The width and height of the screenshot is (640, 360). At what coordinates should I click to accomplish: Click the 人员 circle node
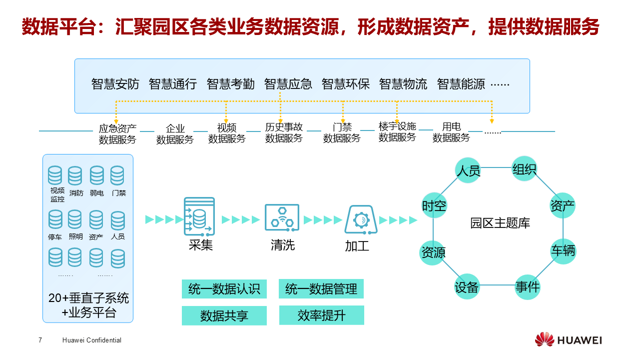click(x=468, y=170)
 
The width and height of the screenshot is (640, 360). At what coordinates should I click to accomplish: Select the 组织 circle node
click(x=525, y=169)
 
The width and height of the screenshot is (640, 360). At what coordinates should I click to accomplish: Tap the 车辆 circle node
click(x=563, y=250)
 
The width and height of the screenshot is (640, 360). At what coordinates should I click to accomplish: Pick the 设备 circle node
click(x=467, y=286)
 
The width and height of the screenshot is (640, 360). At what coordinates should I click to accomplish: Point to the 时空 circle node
click(x=434, y=205)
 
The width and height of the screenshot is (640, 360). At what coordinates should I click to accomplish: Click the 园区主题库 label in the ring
click(x=500, y=223)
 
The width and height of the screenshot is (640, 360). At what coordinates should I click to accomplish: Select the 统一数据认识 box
click(x=224, y=289)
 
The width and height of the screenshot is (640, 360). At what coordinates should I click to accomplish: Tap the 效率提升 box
click(x=321, y=315)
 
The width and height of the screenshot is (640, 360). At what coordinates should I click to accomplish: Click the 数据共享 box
click(x=224, y=315)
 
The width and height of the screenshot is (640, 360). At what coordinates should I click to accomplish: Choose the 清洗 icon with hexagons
click(x=282, y=217)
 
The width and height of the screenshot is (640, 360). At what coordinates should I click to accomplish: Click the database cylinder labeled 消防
click(x=75, y=176)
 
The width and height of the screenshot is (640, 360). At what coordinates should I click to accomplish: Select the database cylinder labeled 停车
click(x=55, y=219)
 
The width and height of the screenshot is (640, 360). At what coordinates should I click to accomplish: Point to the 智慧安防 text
click(x=115, y=84)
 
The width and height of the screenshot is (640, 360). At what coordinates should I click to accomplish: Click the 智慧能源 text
click(x=461, y=84)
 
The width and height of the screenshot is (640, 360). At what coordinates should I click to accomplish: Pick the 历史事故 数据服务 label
click(x=284, y=133)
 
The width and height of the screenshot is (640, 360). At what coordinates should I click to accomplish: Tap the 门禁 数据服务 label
click(x=342, y=133)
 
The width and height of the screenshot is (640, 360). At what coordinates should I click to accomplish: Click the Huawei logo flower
click(x=544, y=339)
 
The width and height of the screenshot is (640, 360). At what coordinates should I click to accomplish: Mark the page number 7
click(x=40, y=340)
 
